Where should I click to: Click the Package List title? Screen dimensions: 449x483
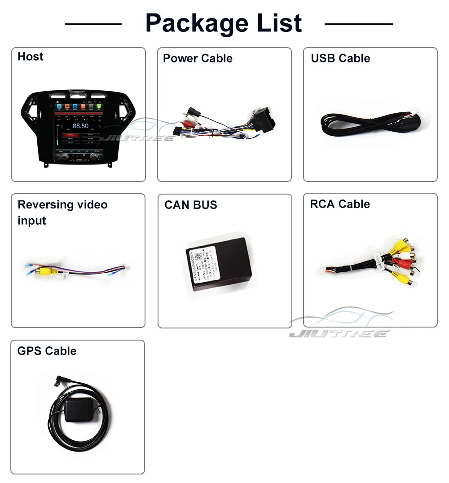point(224,23)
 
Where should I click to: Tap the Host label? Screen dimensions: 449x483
point(31,57)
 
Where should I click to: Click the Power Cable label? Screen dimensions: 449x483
point(198,58)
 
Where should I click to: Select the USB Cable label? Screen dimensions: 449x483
point(340,58)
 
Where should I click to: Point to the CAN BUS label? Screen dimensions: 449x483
point(191,205)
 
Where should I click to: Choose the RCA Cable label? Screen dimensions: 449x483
point(340,204)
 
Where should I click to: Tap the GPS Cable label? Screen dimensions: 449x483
point(47,351)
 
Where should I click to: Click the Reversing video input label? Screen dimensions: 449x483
point(62,213)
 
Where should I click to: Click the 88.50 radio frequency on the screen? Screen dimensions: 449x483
point(80,126)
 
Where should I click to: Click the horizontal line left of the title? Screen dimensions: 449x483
point(93,24)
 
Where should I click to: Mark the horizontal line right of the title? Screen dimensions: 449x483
point(358,24)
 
